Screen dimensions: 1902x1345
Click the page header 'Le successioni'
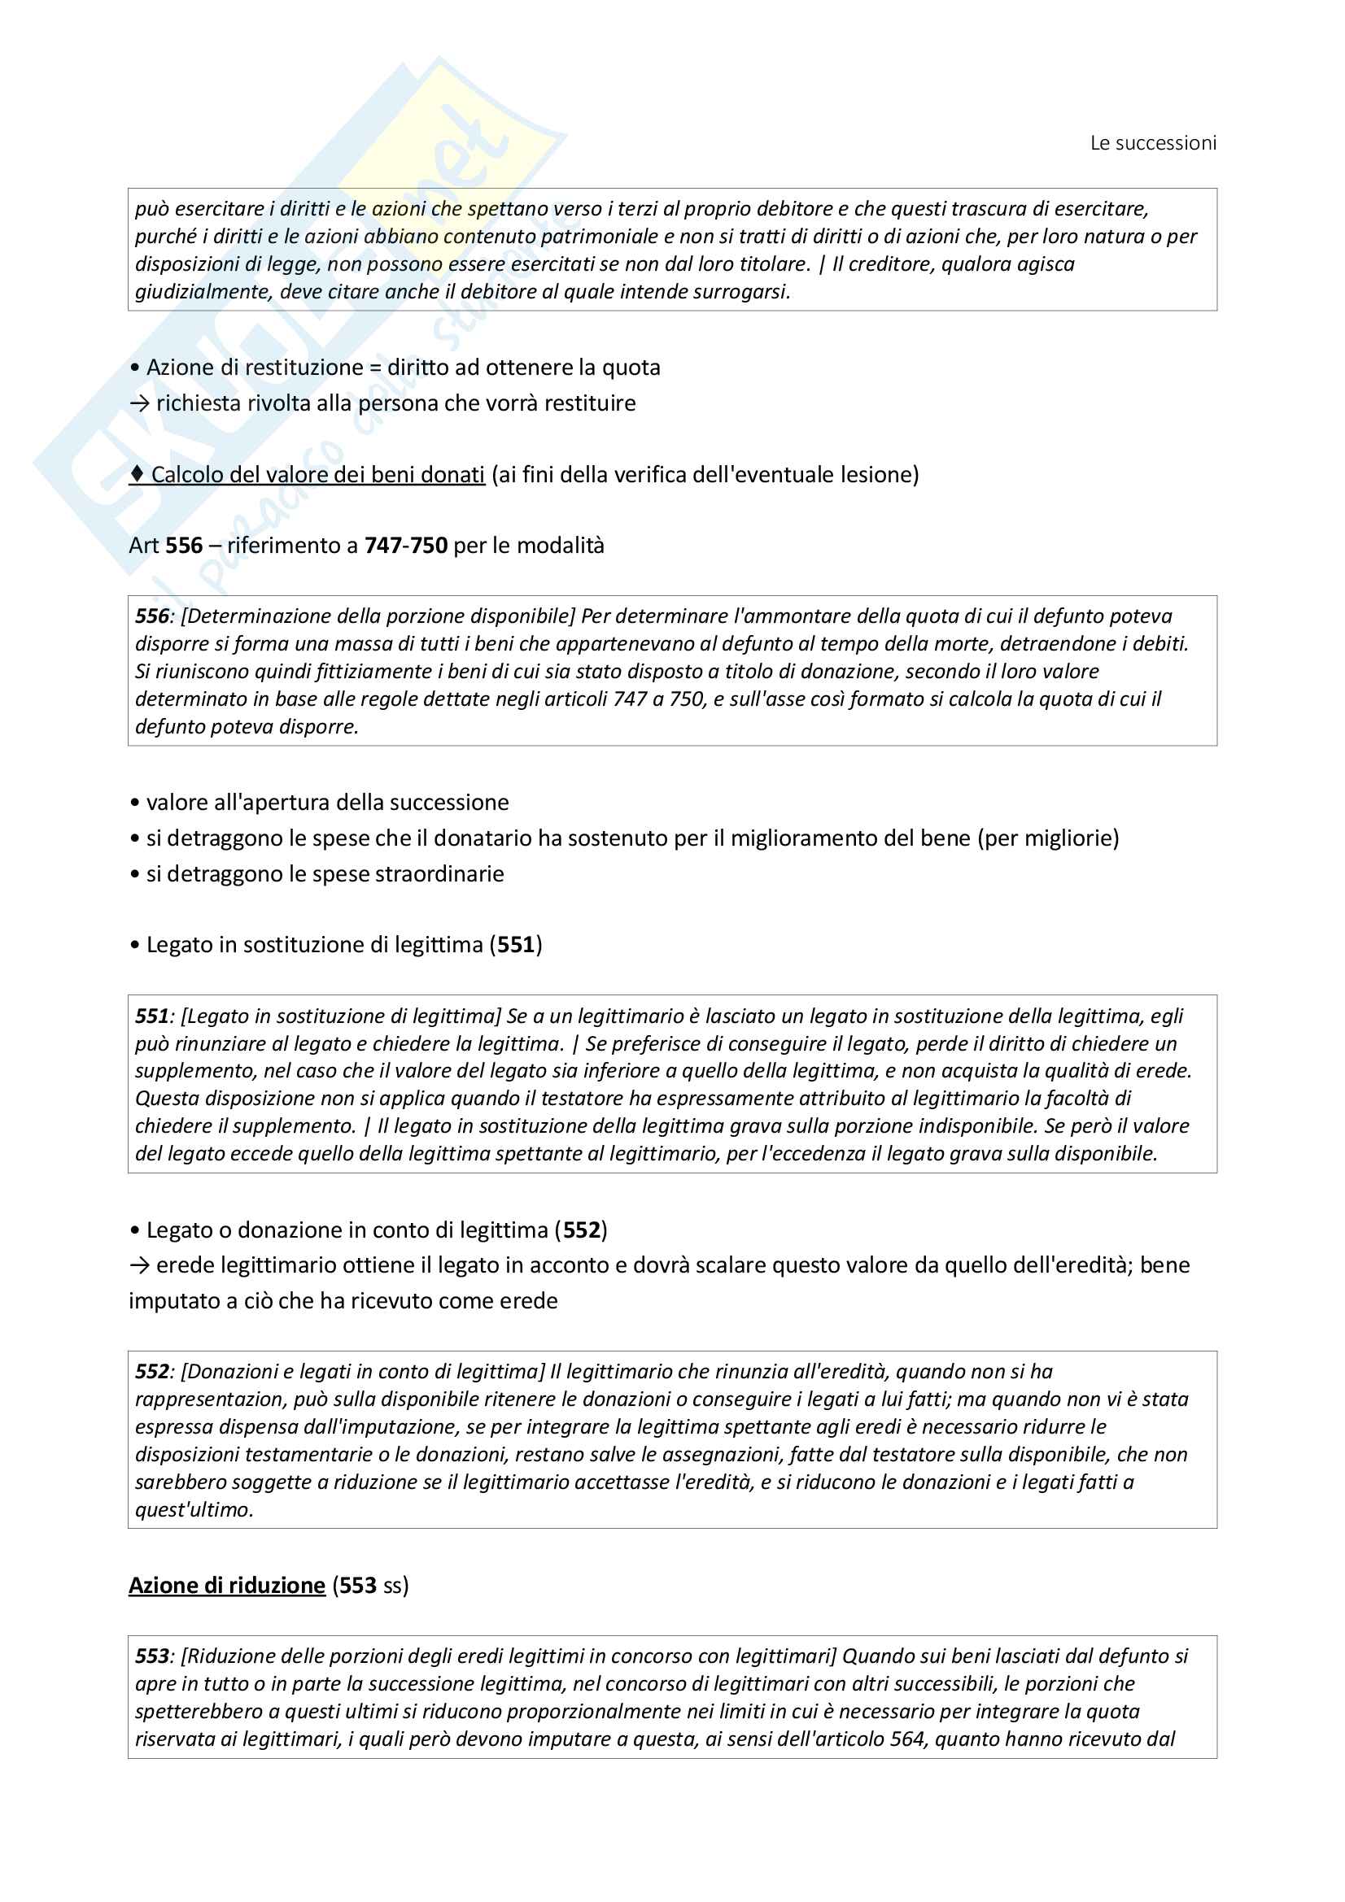click(1153, 143)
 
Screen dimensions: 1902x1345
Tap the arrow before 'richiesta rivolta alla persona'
click(139, 403)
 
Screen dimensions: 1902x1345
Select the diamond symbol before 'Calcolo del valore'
click(138, 474)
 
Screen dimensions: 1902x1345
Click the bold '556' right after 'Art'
click(184, 545)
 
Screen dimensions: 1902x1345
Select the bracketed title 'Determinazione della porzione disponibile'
click(377, 616)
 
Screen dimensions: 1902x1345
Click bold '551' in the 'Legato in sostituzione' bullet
click(515, 944)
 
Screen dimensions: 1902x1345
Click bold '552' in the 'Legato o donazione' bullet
click(581, 1230)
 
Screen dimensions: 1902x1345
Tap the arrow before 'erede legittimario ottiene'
click(139, 1265)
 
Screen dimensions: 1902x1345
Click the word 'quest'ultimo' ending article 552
click(193, 1509)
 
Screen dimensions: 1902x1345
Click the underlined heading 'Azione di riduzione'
click(226, 1585)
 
